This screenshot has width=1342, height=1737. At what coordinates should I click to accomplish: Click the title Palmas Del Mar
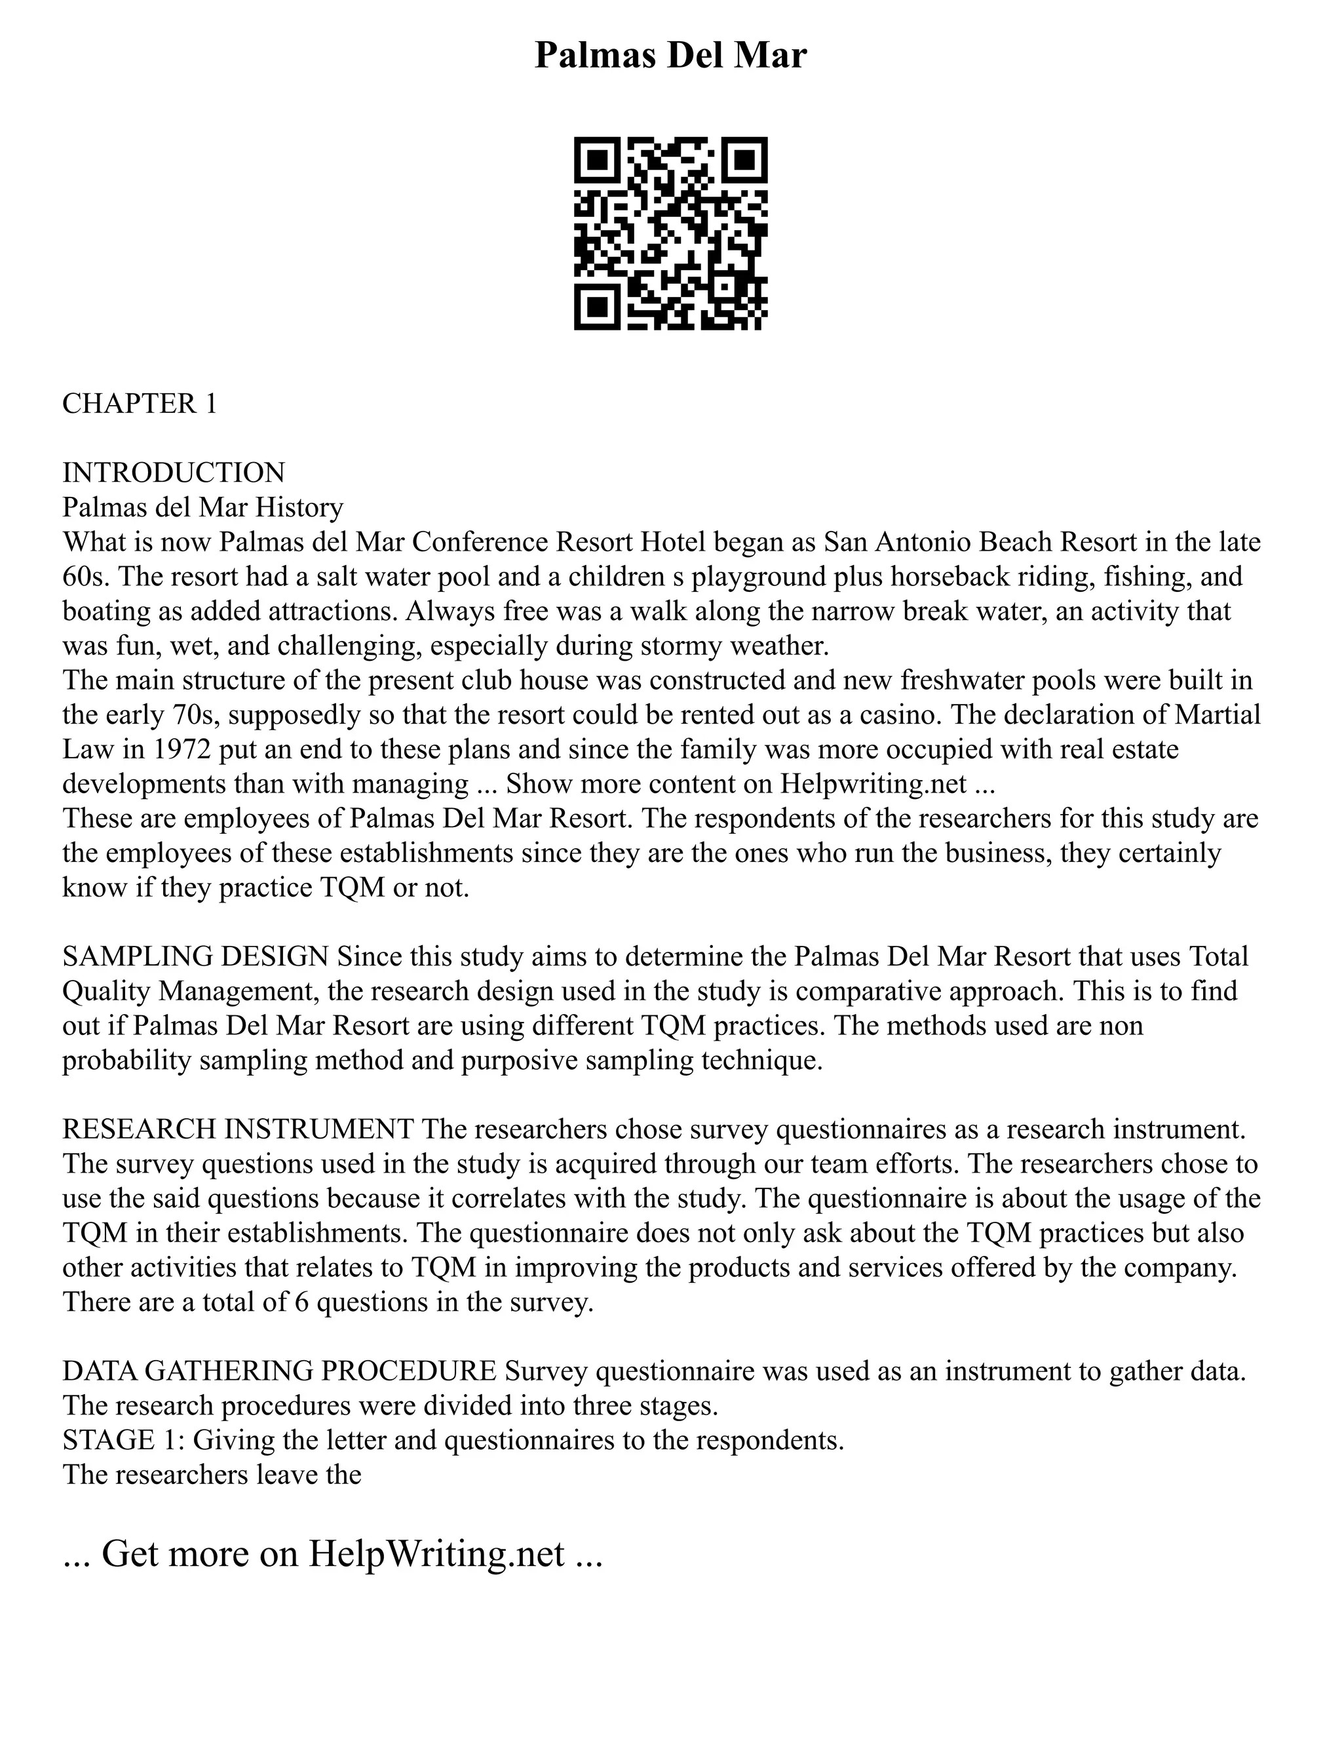pos(670,56)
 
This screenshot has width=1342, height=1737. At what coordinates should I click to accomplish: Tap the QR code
pos(670,233)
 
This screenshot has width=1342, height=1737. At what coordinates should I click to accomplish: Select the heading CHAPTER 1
pos(139,404)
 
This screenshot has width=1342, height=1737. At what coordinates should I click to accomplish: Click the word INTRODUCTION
pos(173,473)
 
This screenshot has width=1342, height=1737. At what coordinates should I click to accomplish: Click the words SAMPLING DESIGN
pos(195,956)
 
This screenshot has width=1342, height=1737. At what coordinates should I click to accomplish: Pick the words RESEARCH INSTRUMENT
pos(238,1129)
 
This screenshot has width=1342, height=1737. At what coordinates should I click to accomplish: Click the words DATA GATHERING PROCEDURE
pos(280,1371)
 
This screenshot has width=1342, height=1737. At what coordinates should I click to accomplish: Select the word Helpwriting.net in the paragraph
pos(873,784)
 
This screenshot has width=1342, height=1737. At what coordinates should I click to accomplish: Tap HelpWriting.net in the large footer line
pos(436,1553)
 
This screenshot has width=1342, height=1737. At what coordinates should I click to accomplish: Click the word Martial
pos(1217,714)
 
